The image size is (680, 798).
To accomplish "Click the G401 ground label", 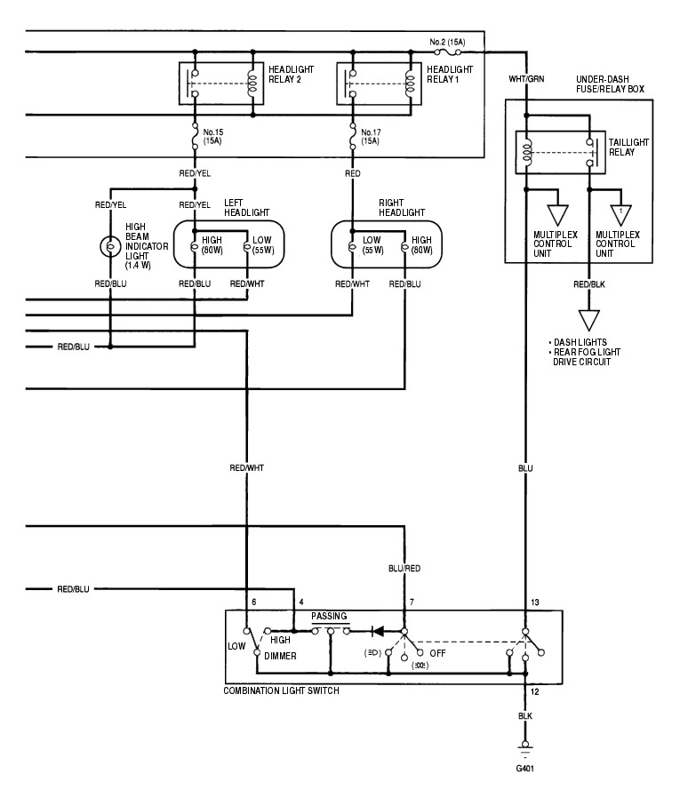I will click(x=525, y=770).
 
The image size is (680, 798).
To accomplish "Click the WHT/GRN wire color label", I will click(x=526, y=78).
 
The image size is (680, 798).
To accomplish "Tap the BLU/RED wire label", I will click(x=404, y=568).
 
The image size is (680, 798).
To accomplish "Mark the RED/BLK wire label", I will click(x=589, y=285).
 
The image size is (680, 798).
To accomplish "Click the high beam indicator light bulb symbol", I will click(x=110, y=244).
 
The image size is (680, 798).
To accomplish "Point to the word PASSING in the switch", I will click(x=329, y=615).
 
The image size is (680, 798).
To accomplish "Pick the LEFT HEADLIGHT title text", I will click(x=246, y=206).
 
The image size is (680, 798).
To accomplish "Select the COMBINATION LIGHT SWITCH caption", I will click(x=282, y=690).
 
